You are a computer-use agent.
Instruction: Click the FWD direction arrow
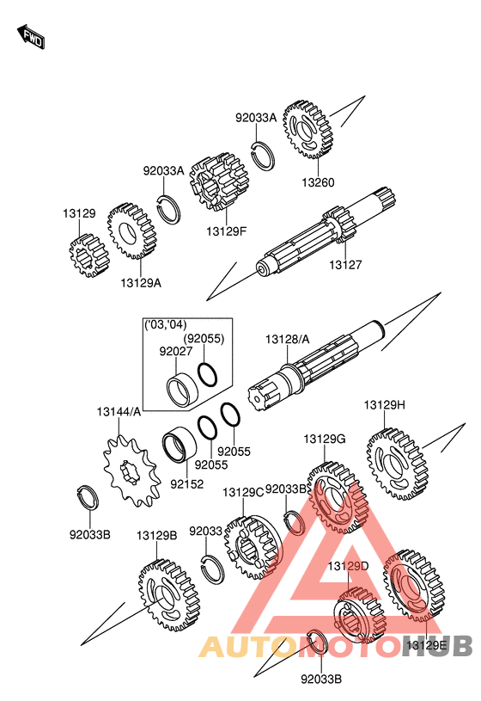(x=31, y=37)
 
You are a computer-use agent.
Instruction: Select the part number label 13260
(x=318, y=182)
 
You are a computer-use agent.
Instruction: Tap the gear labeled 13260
(x=307, y=130)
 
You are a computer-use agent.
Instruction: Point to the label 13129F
(x=227, y=231)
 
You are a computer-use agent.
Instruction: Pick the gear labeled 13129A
(x=131, y=231)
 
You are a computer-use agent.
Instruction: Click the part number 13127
(x=345, y=265)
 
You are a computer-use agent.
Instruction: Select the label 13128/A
(x=287, y=340)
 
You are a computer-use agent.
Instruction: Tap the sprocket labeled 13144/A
(x=131, y=471)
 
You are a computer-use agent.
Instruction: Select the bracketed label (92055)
(x=204, y=338)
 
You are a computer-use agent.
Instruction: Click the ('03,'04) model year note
(x=165, y=325)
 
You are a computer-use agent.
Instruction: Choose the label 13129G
(x=325, y=439)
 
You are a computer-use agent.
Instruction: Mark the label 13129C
(x=243, y=492)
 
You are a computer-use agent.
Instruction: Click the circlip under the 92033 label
(x=212, y=569)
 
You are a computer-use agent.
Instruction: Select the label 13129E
(x=426, y=645)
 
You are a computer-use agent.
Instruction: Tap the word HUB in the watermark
(x=437, y=646)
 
